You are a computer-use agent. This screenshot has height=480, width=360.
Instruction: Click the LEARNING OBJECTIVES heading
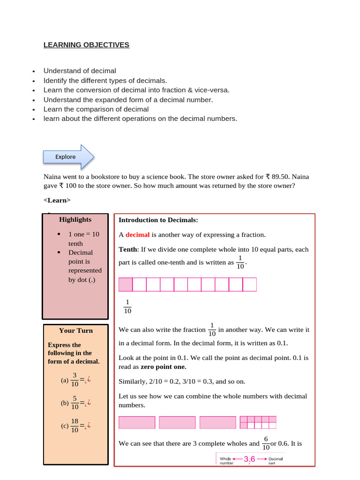86,45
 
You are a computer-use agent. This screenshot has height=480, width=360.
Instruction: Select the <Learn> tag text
57,200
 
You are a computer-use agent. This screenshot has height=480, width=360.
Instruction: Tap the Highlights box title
75,219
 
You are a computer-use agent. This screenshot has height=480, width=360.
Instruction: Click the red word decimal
137,235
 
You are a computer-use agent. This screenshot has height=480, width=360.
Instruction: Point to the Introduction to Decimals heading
158,220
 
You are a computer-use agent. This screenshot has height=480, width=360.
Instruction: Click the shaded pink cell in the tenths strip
126,285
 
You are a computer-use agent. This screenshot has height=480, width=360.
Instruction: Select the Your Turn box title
75,330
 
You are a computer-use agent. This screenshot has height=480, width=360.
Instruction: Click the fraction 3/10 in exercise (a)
75,380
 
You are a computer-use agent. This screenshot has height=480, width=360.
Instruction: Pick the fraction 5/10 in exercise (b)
75,403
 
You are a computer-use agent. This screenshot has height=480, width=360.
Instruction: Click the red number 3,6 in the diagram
249,459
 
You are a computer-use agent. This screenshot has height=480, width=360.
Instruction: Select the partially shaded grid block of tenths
258,422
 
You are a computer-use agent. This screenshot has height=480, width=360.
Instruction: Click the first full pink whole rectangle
137,422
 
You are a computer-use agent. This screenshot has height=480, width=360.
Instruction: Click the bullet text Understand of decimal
80,71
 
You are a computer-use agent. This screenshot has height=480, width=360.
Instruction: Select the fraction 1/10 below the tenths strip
127,306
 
